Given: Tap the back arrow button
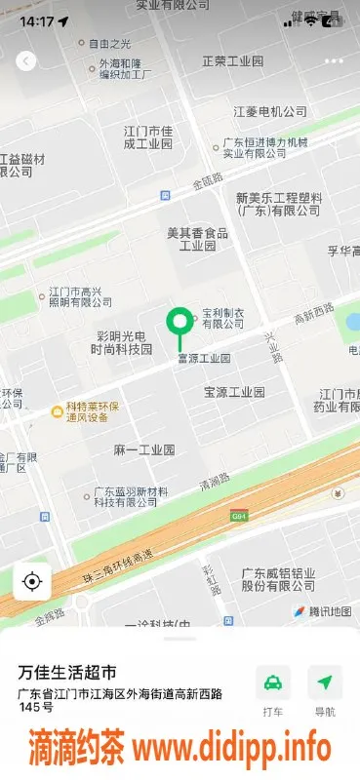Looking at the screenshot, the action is point(25,60).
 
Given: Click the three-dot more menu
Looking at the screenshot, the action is point(334,60).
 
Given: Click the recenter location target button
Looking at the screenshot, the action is point(31,582).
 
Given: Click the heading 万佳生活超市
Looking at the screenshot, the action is point(68,673).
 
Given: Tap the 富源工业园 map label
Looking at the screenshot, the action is point(203,359).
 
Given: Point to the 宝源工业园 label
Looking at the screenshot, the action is point(234,392).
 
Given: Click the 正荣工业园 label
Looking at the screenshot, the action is point(232,61).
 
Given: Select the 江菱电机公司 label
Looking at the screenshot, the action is point(270,111).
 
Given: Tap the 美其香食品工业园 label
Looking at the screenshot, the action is point(197,240).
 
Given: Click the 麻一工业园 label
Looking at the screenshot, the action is point(143,449).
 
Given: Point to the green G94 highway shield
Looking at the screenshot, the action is point(239,515).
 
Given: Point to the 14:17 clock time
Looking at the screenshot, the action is point(36,19).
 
